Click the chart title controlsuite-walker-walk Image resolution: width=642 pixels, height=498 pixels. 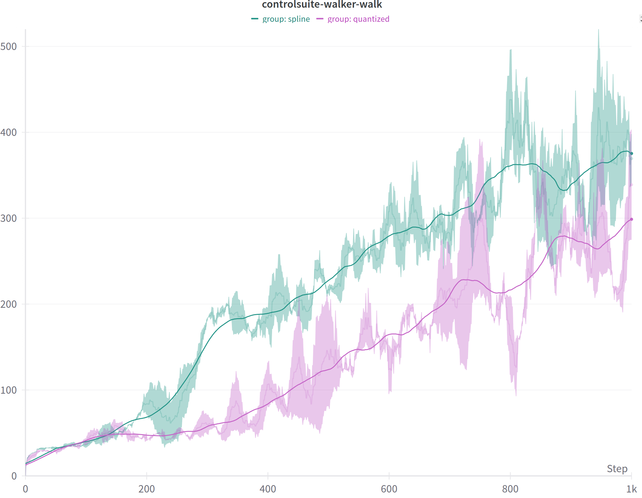[x=322, y=4]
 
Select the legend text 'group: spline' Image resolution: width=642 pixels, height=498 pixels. [x=286, y=19]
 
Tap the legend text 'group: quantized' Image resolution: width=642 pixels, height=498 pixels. [x=358, y=19]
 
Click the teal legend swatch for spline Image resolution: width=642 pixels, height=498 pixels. [x=255, y=19]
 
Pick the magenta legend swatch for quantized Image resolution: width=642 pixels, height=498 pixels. [x=320, y=19]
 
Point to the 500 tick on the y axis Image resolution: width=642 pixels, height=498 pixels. [x=9, y=47]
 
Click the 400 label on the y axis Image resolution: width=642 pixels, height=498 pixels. [x=9, y=133]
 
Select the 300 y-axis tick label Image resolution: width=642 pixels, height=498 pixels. [x=9, y=218]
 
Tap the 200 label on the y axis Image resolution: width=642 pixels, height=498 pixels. [x=9, y=304]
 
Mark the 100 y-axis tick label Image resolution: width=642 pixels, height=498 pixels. [x=9, y=390]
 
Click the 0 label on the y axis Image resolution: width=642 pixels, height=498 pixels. [x=14, y=476]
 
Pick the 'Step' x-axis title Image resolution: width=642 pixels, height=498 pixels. [x=617, y=469]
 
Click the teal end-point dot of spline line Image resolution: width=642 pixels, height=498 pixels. [x=631, y=153]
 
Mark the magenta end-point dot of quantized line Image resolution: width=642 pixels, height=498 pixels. [x=631, y=219]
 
